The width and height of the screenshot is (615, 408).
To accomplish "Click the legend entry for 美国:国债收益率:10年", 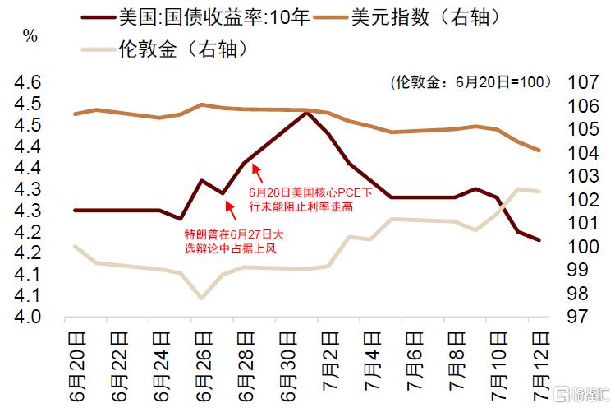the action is point(195,17).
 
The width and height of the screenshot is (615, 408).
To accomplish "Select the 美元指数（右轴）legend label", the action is point(408,17).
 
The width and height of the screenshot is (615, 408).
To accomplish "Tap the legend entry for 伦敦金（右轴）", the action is point(165,49).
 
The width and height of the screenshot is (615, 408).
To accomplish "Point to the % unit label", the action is point(30,35).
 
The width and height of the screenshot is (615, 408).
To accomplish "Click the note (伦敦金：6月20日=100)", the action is point(470,82).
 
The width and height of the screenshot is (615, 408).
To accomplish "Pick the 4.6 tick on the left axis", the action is point(27,82).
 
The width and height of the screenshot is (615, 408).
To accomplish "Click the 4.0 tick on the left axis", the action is point(27,317).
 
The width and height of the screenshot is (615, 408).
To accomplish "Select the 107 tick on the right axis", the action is point(584,82).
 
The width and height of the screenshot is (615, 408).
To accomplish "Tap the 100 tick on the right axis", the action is point(584,247).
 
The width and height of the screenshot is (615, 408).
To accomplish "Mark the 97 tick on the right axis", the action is point(578,317).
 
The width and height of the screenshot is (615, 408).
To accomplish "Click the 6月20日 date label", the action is point(77,366).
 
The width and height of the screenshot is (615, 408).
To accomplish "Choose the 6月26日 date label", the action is point(204,366).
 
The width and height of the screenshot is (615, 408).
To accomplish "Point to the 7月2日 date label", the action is point(330,361).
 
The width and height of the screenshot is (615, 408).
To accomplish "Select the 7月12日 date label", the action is point(541,366).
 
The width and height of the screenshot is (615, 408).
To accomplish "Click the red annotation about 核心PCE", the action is point(310,199).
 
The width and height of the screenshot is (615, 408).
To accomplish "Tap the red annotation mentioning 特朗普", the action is point(234,241).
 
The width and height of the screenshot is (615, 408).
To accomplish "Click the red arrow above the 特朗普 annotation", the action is point(231,211).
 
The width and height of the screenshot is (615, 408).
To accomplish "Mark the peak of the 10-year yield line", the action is point(307,113).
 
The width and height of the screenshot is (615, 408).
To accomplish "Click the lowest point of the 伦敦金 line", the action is point(202,298).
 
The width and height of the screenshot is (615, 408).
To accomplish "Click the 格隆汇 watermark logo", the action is point(581,394).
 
